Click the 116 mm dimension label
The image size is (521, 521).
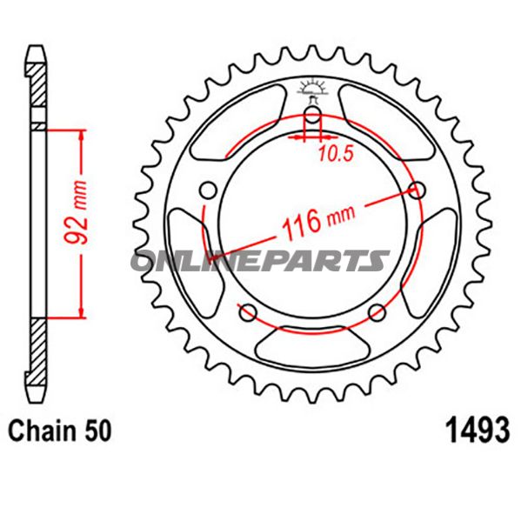click(318, 221)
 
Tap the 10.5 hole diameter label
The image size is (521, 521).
click(336, 154)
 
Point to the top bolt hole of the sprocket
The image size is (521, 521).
click(312, 115)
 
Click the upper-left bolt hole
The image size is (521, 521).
click(209, 190)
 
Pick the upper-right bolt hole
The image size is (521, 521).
click(417, 190)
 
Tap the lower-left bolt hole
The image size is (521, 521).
click(248, 312)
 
